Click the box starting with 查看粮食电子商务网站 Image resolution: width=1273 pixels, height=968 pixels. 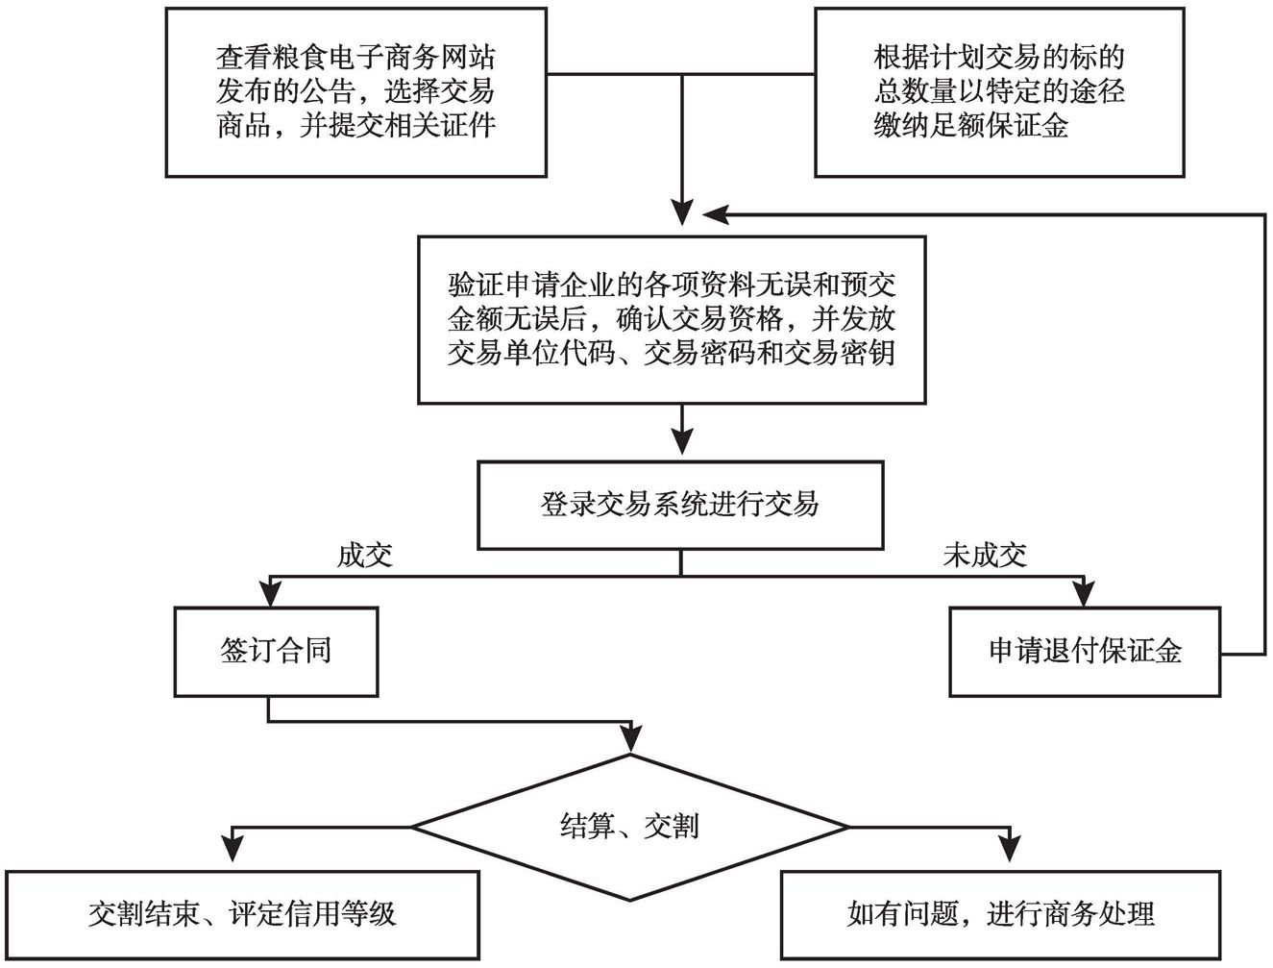click(x=355, y=92)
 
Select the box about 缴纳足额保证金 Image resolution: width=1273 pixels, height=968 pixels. click(x=998, y=92)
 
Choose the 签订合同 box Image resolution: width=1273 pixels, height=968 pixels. click(x=276, y=652)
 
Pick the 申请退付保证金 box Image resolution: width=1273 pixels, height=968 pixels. click(x=1085, y=652)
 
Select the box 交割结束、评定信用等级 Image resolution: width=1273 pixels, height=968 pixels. click(x=242, y=914)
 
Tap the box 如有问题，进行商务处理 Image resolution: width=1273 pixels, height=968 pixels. click(x=1000, y=914)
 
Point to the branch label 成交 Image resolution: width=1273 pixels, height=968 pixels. click(x=364, y=555)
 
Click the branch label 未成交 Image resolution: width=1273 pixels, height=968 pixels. click(x=985, y=555)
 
